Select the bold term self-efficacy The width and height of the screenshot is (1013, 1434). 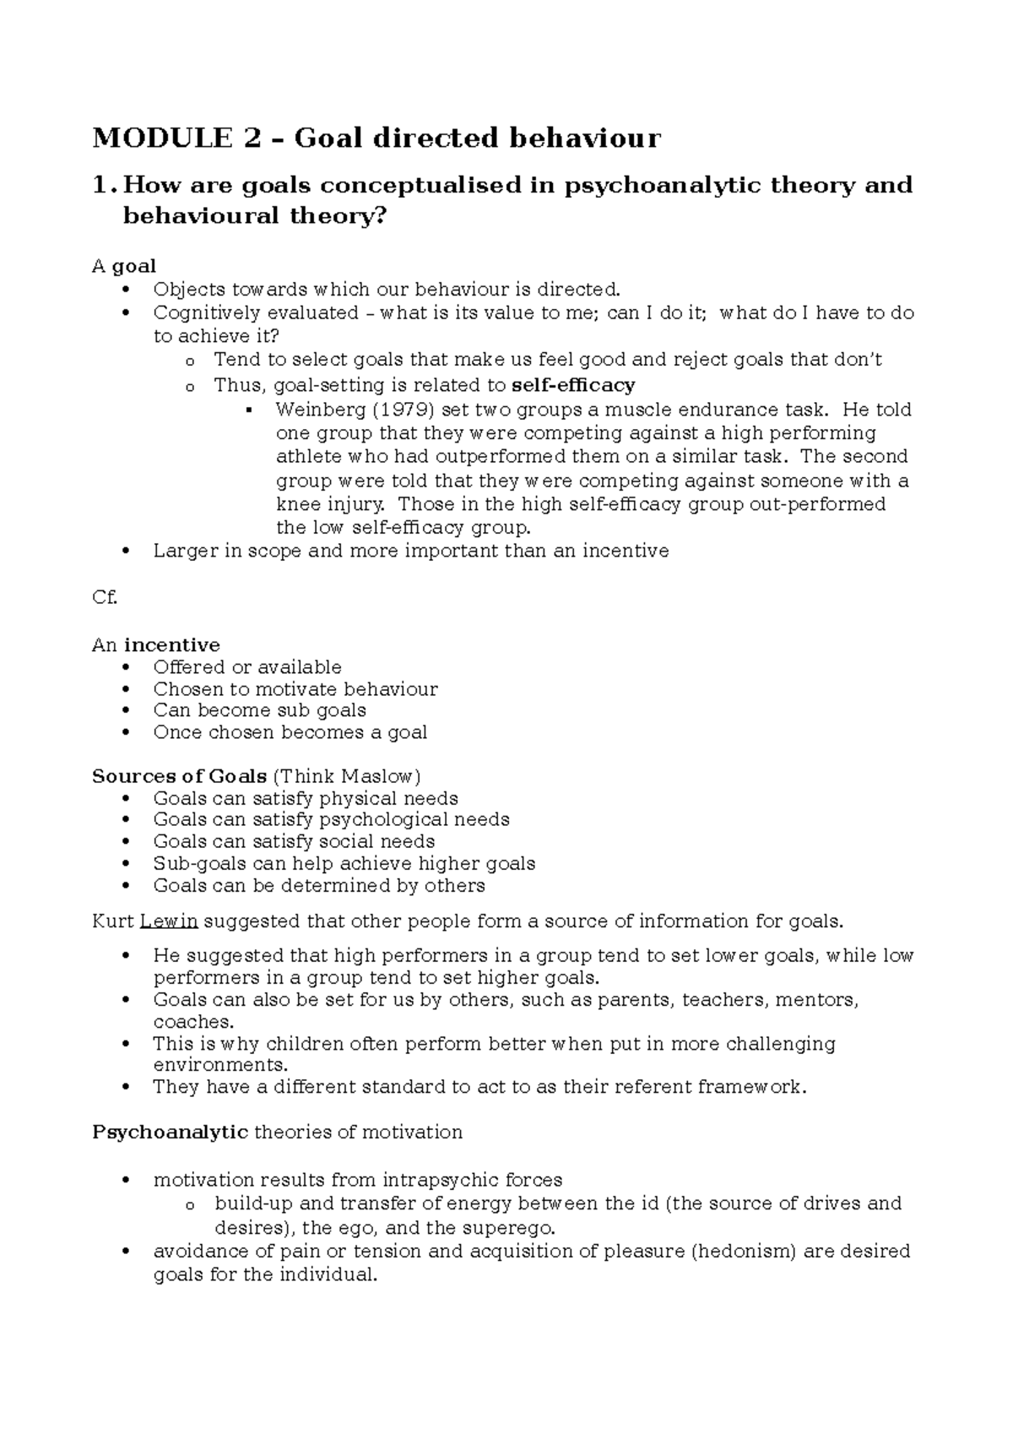(x=573, y=386)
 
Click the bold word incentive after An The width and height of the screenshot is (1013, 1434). (x=171, y=645)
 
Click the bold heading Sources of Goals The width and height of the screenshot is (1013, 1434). (x=179, y=776)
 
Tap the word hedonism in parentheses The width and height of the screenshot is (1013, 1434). (x=745, y=1251)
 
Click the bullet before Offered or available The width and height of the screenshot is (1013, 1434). (x=126, y=668)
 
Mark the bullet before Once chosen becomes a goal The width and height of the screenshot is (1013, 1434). (x=126, y=733)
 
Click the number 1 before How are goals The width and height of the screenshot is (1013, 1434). (x=100, y=185)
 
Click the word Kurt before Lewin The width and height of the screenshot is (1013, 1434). (x=112, y=921)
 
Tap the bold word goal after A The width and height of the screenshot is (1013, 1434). (x=134, y=266)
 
